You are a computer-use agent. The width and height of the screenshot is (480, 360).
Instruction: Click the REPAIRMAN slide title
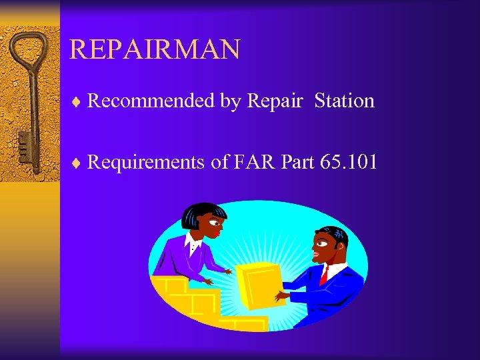point(154,49)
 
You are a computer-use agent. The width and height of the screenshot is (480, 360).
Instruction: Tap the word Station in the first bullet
point(344,101)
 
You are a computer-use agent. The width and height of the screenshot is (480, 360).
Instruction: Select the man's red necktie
point(324,274)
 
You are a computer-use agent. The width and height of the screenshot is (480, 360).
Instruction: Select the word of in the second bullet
point(219,162)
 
